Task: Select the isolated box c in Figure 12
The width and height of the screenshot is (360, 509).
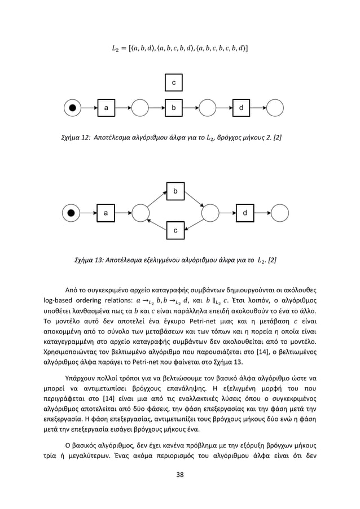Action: coord(174,82)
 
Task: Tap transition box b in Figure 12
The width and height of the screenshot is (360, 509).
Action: coord(174,107)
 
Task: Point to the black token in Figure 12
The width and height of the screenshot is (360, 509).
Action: coord(72,107)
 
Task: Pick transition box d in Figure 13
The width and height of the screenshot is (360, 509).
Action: coord(244,213)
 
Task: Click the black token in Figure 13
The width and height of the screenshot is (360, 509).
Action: coord(71,213)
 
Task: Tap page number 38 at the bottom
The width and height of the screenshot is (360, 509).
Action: coord(179,489)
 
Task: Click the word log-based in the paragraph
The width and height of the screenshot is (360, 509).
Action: coord(63,299)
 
